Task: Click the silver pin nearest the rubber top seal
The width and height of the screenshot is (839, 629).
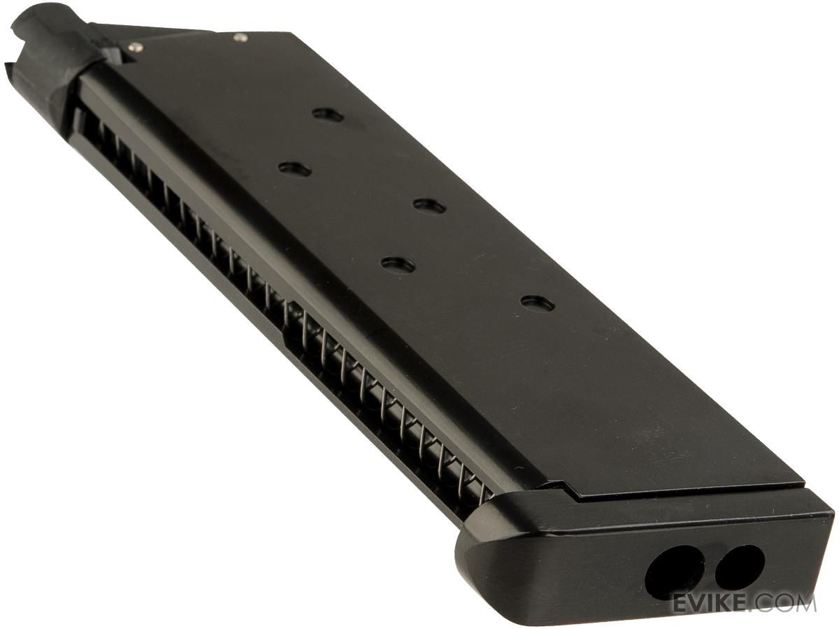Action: (136, 48)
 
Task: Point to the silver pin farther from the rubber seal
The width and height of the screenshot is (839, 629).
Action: (240, 37)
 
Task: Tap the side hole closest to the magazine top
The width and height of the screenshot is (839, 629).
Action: (328, 115)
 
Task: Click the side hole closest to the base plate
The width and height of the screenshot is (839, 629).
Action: (538, 303)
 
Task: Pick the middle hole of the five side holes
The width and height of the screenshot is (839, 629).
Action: (429, 206)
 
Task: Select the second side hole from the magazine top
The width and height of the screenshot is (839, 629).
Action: (294, 169)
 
